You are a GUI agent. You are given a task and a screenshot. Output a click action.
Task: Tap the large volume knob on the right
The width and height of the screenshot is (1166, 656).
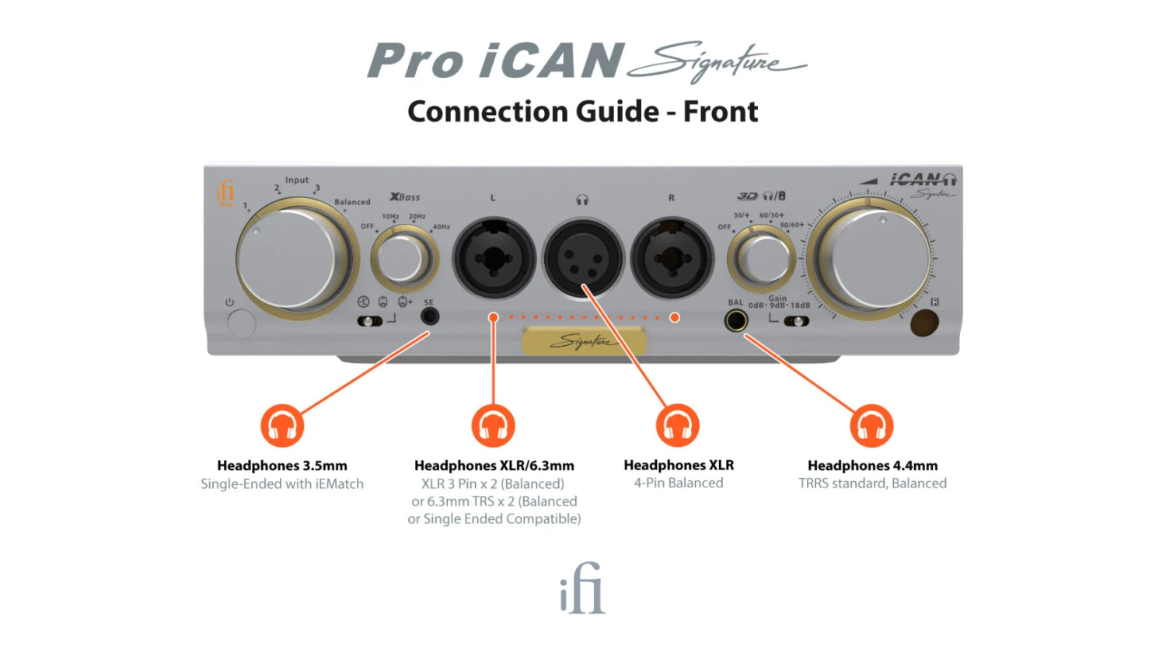pos(872,259)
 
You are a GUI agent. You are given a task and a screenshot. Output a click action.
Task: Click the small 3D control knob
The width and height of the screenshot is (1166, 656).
pos(763,259)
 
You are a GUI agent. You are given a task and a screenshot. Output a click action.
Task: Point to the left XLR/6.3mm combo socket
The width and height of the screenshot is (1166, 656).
pos(494,260)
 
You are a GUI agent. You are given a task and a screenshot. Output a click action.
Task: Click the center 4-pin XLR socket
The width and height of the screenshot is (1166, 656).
pos(583,260)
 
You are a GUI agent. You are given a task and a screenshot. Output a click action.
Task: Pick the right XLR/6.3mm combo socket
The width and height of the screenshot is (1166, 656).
pos(672,260)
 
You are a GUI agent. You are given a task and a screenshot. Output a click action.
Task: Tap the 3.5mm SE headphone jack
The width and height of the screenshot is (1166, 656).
pos(429,316)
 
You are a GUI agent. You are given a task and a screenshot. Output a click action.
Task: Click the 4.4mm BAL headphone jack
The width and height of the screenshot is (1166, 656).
pos(735,320)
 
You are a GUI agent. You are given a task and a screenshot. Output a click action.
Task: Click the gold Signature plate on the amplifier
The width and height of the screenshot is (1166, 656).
pos(583,340)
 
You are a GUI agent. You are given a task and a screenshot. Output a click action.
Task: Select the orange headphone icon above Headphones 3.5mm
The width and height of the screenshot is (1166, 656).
pos(282,426)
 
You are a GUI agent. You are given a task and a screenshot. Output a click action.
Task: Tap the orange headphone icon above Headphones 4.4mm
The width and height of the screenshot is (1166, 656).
pos(871,426)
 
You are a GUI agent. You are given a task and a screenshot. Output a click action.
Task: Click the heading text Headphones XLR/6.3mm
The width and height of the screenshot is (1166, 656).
pos(494,466)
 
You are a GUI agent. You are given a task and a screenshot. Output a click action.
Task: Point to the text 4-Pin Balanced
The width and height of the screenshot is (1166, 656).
pos(678,483)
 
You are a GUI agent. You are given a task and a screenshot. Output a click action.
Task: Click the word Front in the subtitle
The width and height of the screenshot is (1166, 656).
pos(720,112)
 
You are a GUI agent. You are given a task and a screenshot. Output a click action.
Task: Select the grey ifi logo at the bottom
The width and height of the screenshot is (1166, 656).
pos(582,588)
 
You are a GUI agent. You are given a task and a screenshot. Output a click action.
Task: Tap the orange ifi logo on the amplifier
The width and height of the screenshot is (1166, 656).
pos(225,192)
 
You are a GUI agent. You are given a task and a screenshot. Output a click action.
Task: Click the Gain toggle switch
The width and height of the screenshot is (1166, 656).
pos(796,321)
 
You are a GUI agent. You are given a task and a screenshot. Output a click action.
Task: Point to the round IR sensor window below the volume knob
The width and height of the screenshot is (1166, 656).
pos(923,323)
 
